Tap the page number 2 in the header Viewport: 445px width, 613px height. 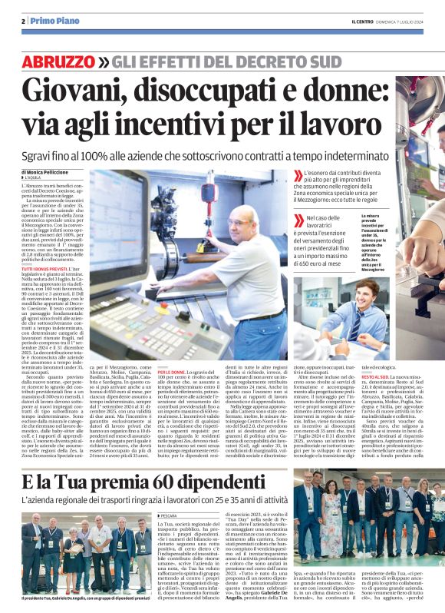[x=24, y=20]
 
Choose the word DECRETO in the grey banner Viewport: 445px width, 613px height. [x=254, y=61]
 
